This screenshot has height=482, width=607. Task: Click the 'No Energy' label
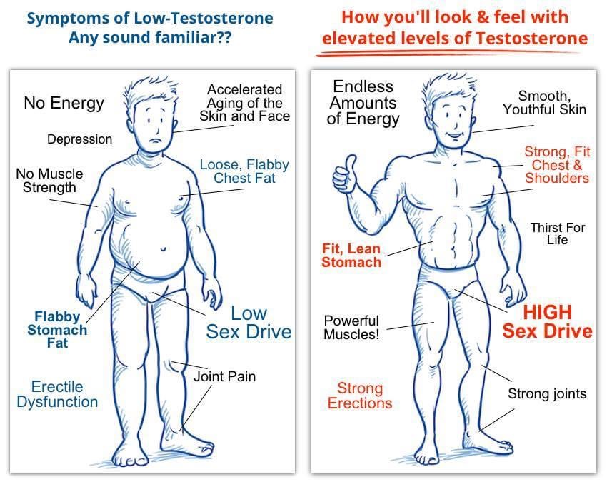click(64, 103)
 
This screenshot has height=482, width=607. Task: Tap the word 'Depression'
click(79, 139)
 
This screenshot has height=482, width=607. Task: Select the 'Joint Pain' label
click(224, 376)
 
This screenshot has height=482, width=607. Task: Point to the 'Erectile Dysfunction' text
click(57, 394)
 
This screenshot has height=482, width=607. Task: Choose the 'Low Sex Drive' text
click(249, 322)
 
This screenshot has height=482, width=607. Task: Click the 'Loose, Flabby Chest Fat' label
click(244, 171)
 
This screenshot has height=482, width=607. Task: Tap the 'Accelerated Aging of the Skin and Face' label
click(244, 102)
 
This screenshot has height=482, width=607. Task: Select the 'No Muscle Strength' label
click(49, 181)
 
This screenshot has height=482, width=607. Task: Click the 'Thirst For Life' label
click(557, 234)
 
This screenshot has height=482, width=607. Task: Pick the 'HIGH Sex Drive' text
click(547, 321)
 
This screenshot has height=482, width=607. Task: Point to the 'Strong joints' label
click(547, 393)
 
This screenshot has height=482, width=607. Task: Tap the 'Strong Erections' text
click(360, 396)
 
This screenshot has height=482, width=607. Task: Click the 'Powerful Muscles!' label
click(351, 328)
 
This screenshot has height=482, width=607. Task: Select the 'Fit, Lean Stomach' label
click(351, 256)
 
